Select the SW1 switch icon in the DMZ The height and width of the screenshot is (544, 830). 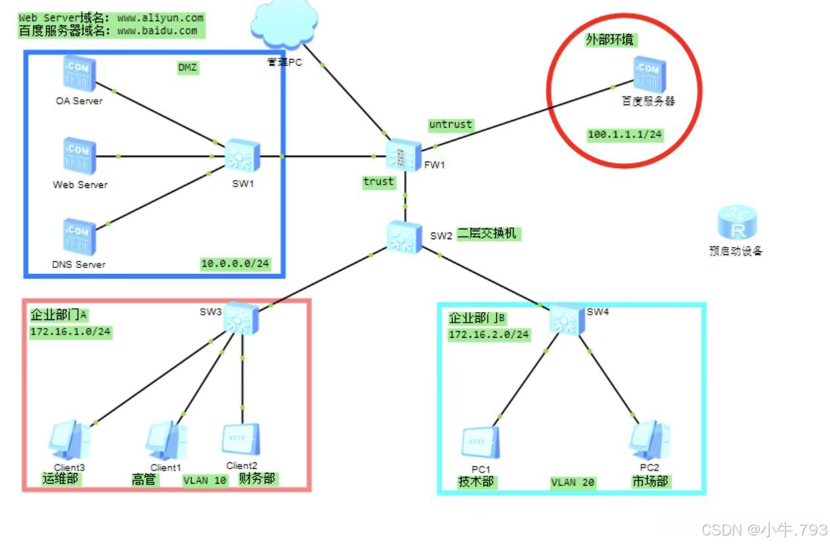tap(242, 156)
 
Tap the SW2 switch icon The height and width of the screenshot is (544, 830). tap(404, 236)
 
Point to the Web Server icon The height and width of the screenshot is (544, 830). tap(79, 156)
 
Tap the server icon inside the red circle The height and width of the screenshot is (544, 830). tap(649, 75)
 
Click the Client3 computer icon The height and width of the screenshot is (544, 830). tap(70, 440)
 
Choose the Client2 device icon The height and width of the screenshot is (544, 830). tap(241, 440)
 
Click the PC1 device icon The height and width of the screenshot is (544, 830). tap(480, 443)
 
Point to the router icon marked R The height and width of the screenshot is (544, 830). tap(737, 222)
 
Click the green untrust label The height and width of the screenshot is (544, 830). tap(450, 124)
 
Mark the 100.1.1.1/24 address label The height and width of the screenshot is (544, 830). tap(625, 134)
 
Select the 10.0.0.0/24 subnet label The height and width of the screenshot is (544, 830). tap(235, 263)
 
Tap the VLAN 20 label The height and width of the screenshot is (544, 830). tap(573, 482)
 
